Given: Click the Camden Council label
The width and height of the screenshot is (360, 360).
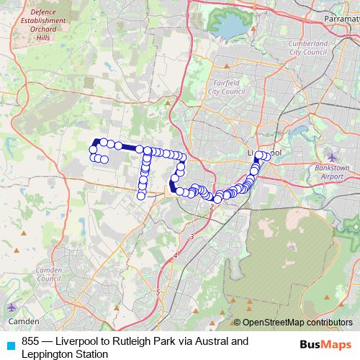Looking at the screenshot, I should pos(49,274).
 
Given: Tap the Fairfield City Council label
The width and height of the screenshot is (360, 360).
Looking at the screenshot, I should pos(227,87).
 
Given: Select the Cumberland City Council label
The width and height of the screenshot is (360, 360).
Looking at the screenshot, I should pos(307,48).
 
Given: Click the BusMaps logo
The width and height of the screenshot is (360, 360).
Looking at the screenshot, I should pos(325,344).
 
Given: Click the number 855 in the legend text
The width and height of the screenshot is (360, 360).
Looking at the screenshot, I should pos(31,341).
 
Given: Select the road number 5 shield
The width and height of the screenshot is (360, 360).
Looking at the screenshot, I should pos(158,292).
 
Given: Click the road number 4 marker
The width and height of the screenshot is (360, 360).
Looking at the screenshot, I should pos(175,256).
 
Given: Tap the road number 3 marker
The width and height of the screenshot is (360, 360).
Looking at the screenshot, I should pos(192,236).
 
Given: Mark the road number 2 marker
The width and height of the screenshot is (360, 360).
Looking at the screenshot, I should pos(212,207).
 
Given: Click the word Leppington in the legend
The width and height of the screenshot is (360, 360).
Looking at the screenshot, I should pos(47,354).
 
